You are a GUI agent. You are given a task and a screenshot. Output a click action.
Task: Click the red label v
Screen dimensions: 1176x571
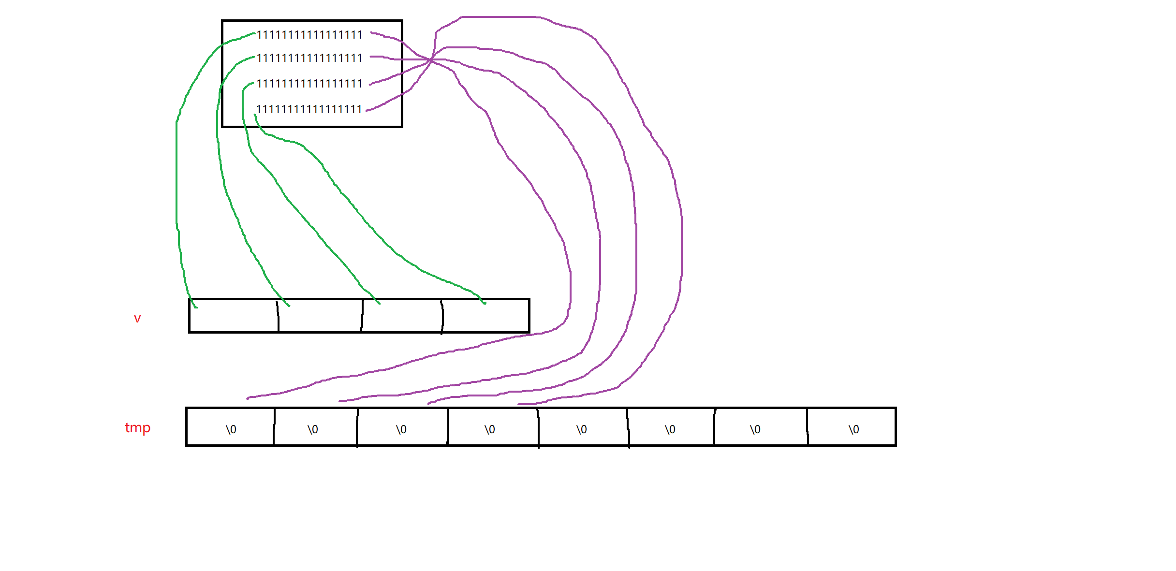point(137,319)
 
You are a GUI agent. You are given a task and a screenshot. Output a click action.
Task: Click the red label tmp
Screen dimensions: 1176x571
point(138,428)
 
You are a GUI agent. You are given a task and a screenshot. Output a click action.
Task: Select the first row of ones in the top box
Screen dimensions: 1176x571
point(309,35)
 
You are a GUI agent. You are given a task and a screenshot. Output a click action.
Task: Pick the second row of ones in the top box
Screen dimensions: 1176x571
point(309,58)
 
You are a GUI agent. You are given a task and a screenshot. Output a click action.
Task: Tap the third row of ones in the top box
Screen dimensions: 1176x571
point(309,84)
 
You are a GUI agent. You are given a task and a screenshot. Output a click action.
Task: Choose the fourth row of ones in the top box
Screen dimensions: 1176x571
point(309,109)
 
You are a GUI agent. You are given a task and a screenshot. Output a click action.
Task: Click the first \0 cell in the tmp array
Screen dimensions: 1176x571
point(231,429)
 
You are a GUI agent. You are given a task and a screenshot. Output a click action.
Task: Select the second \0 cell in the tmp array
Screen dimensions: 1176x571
point(313,429)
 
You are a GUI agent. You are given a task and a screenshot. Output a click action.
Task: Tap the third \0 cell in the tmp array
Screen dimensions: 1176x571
point(401,429)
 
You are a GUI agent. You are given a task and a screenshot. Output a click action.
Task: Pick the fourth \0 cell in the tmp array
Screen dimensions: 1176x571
point(490,429)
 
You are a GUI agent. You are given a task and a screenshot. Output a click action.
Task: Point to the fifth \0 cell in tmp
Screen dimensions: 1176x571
point(582,429)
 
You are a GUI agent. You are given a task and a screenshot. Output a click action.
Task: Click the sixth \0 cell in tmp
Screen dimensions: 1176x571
point(670,429)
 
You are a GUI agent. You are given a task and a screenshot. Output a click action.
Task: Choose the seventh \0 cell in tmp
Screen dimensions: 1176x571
point(755,429)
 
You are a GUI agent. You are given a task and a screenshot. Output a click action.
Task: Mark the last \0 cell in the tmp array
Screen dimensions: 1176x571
point(854,429)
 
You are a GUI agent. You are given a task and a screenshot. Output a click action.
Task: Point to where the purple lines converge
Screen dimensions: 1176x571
point(431,59)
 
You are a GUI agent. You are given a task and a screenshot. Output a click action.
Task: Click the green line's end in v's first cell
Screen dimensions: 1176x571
point(195,307)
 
